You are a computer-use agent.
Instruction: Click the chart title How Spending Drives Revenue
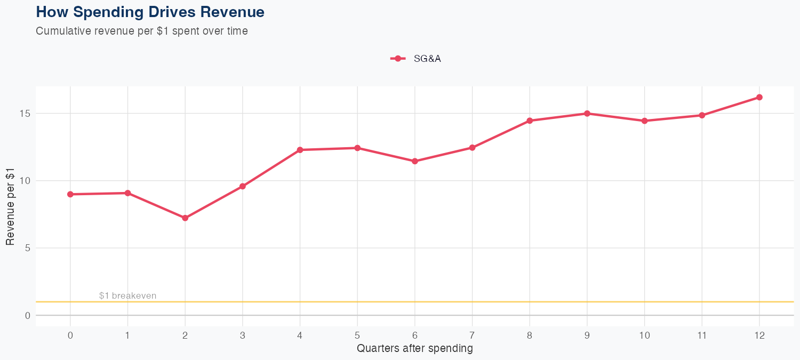click(x=150, y=12)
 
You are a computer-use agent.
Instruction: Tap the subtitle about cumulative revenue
click(x=142, y=31)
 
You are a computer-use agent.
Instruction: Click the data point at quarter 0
click(x=70, y=194)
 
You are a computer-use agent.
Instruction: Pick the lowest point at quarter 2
click(x=185, y=218)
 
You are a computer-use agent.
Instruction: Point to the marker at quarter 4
click(x=300, y=150)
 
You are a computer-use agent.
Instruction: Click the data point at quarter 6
click(x=415, y=161)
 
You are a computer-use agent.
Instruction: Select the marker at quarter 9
click(x=587, y=114)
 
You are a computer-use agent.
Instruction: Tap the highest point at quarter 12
click(x=759, y=97)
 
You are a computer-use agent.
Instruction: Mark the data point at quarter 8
click(x=530, y=121)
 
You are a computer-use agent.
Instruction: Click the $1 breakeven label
click(x=128, y=296)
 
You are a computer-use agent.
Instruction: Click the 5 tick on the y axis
click(x=27, y=248)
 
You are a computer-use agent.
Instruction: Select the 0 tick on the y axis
click(x=27, y=316)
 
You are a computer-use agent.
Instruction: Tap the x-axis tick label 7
click(x=472, y=335)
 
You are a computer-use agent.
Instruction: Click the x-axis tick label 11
click(x=702, y=335)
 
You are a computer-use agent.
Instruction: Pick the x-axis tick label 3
click(x=243, y=335)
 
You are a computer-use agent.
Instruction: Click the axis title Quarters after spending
click(x=414, y=349)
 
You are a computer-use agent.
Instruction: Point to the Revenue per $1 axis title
click(x=10, y=206)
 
